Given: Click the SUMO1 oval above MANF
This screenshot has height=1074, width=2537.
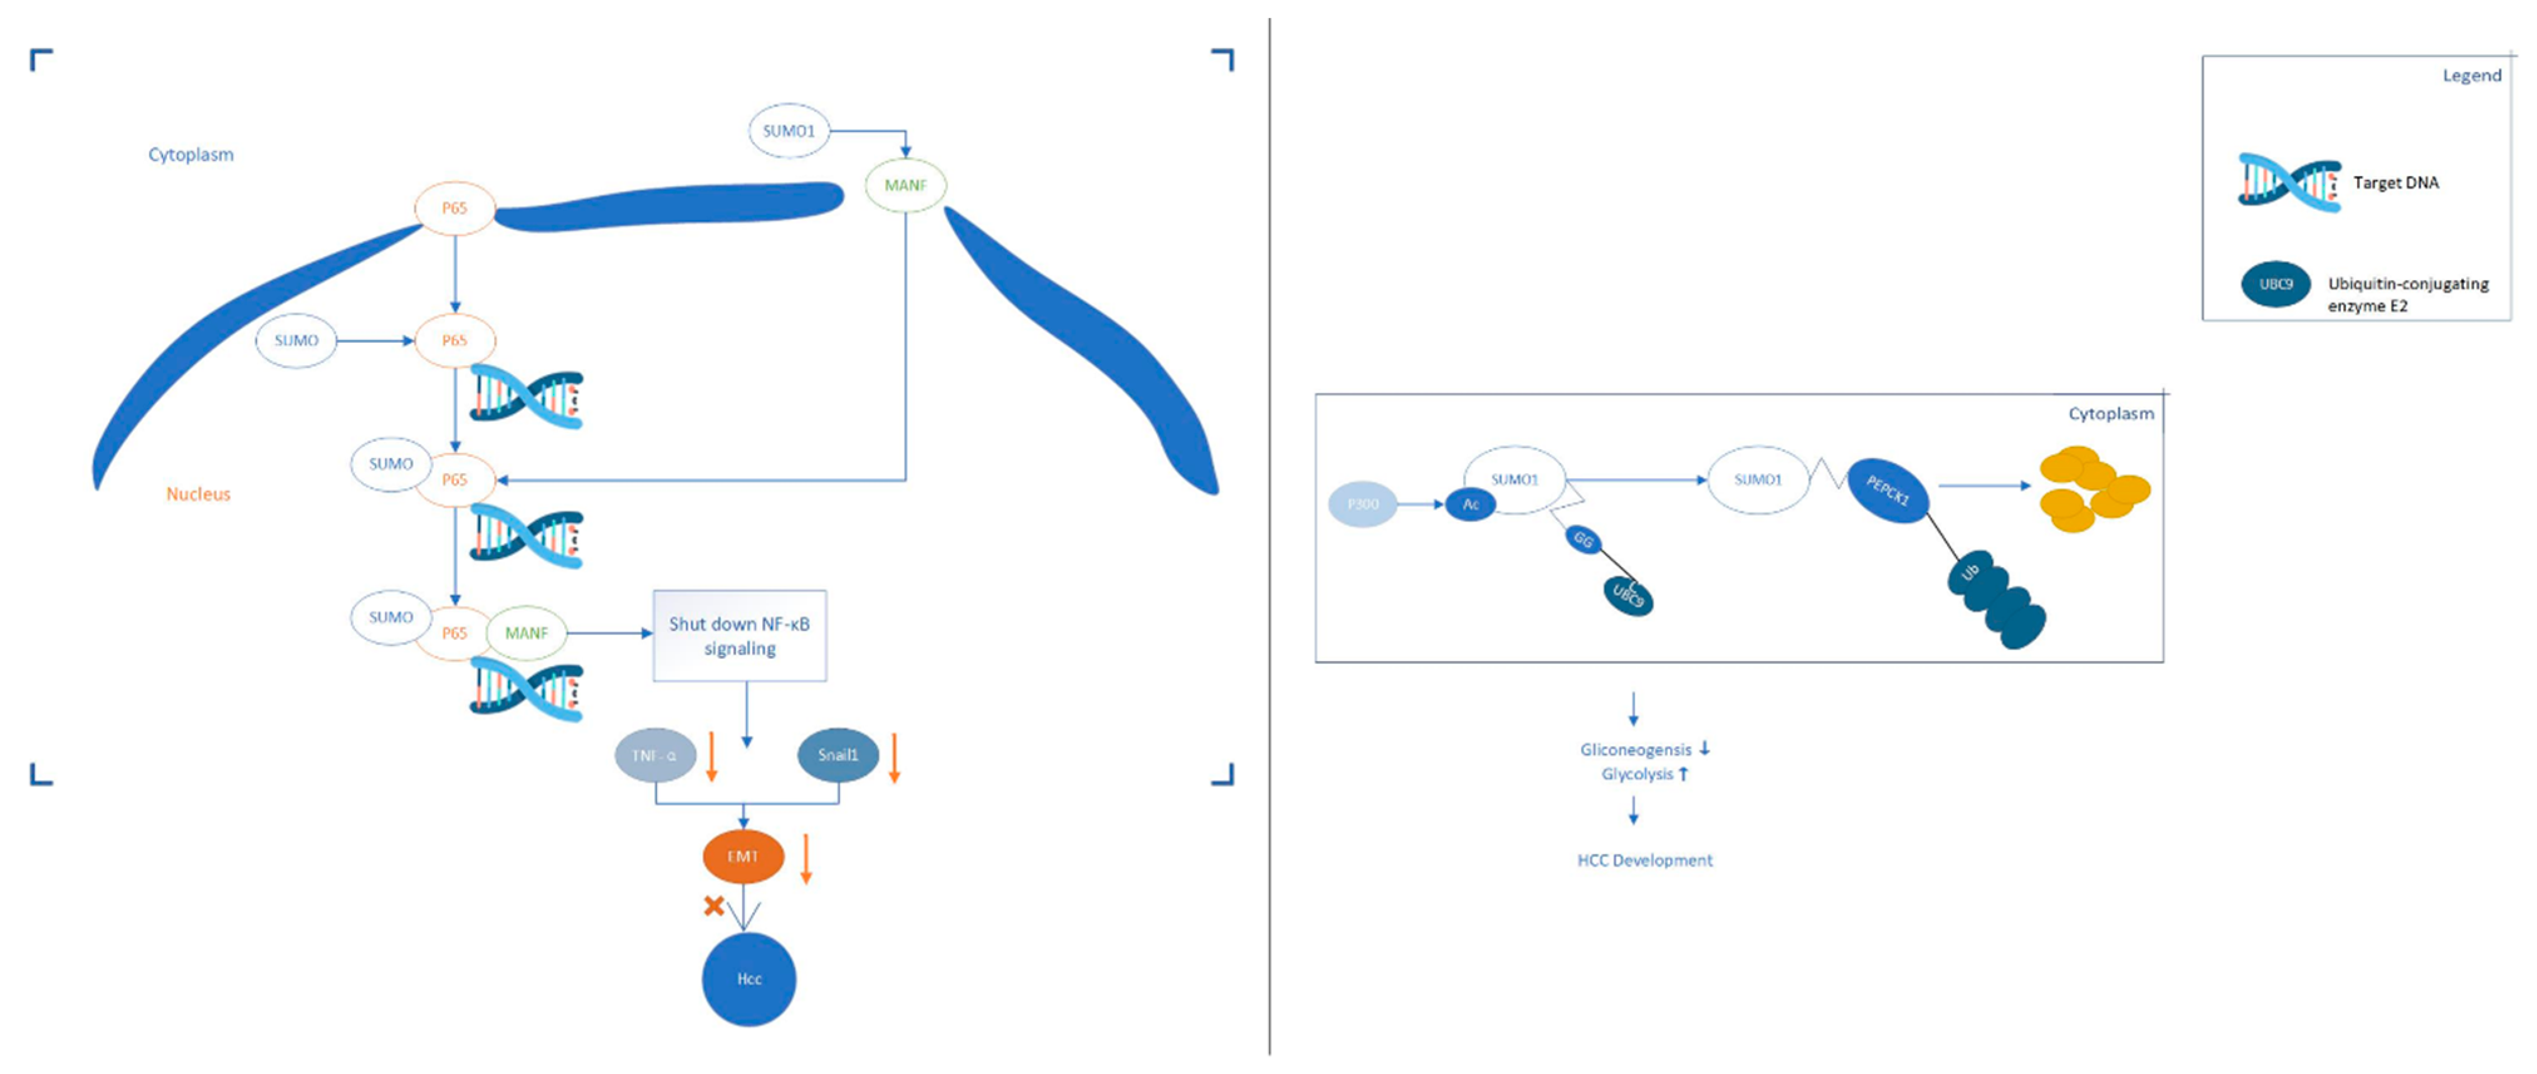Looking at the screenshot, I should click(789, 131).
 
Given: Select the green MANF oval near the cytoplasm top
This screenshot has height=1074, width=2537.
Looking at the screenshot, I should click(905, 185).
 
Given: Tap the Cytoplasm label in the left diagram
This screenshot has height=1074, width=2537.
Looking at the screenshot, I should click(191, 155).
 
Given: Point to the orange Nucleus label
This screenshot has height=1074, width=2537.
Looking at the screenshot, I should click(198, 494).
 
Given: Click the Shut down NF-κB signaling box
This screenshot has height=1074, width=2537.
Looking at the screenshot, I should click(740, 636).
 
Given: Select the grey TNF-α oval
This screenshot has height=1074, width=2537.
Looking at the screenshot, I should click(655, 755).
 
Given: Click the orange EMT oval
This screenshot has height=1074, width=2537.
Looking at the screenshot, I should click(743, 857).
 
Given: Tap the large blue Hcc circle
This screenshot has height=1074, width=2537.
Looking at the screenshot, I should click(748, 979).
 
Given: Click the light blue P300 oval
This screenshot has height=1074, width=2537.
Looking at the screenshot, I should click(1363, 504).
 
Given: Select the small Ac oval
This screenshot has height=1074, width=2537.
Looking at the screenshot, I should click(1471, 504).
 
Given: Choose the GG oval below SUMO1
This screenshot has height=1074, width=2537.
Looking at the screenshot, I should click(1583, 540).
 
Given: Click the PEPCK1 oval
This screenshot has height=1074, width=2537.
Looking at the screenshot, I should click(1887, 490).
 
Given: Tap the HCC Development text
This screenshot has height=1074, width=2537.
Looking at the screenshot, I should click(1645, 860).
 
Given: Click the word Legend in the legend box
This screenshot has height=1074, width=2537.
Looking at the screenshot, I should click(2471, 76).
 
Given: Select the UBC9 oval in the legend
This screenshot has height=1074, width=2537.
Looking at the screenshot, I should click(2276, 284).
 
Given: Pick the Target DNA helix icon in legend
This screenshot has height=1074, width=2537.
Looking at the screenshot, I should click(2289, 183).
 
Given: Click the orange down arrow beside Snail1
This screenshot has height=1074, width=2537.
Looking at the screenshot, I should click(895, 758).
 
